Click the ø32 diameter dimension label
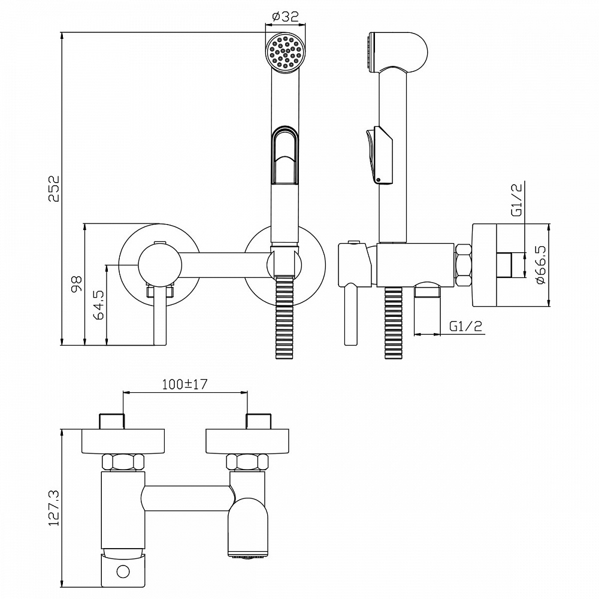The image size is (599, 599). pos(285,17)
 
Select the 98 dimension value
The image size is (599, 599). pos(76,284)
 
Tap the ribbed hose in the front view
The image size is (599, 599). pos(285,317)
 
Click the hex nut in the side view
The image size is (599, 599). pos(464,265)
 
